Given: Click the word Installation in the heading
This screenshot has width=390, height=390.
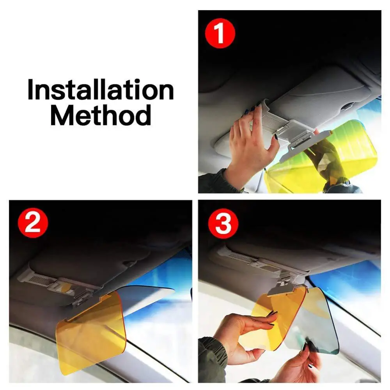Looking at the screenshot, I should point(101,90).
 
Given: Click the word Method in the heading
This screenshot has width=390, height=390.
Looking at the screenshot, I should point(101,115).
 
